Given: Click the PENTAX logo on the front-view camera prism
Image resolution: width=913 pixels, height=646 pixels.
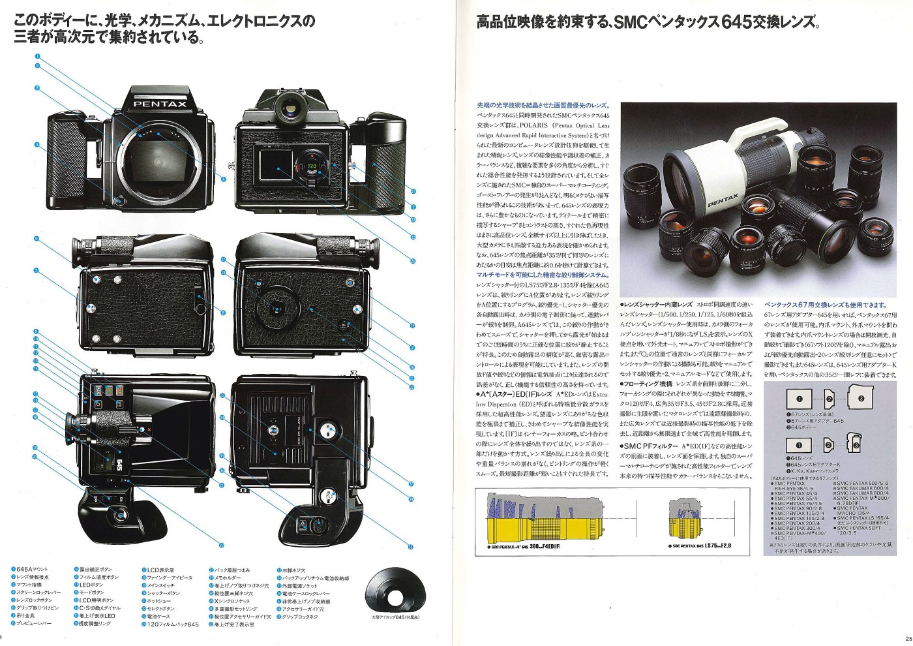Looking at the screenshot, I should coord(160,104).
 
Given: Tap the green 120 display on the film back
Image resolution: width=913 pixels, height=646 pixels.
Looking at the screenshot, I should coord(312,166).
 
